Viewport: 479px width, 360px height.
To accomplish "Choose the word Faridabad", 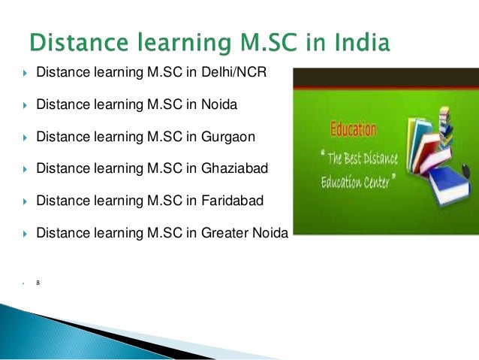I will coord(233,201).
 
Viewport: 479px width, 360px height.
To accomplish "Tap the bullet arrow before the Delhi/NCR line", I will coord(25,74).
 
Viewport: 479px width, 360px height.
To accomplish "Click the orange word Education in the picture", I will coord(351,129).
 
